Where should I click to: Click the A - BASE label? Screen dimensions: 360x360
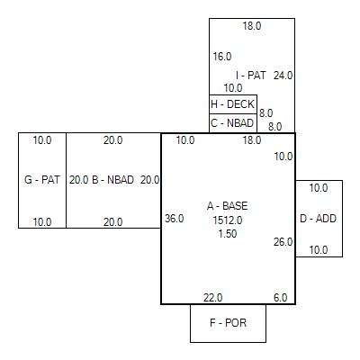tap(228, 206)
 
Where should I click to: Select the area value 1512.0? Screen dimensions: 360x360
tap(228, 220)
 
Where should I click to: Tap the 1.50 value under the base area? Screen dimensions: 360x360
tap(228, 234)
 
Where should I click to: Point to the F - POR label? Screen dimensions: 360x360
tap(228, 323)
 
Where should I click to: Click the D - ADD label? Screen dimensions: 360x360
tap(318, 219)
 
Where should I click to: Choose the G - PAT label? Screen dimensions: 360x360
tap(42, 180)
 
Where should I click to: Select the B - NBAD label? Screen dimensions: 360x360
tap(112, 180)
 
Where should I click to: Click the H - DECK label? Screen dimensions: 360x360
tap(232, 104)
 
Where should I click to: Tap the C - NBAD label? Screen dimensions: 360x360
tap(232, 123)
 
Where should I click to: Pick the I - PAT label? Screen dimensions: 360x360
tap(251, 75)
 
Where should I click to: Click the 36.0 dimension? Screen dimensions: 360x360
tap(175, 219)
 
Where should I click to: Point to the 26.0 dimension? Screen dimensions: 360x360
tap(283, 242)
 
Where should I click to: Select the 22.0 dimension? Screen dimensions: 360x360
tap(212, 298)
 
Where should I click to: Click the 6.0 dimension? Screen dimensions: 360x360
tap(280, 298)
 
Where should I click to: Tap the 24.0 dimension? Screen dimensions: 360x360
tap(283, 76)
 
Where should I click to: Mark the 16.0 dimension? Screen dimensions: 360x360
tap(222, 57)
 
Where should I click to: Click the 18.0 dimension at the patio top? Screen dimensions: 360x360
tap(252, 26)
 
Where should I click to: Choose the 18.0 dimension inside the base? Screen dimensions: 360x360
tap(252, 140)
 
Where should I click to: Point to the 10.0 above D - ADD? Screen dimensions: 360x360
tap(319, 188)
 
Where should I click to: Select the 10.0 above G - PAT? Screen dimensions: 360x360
tap(42, 140)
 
